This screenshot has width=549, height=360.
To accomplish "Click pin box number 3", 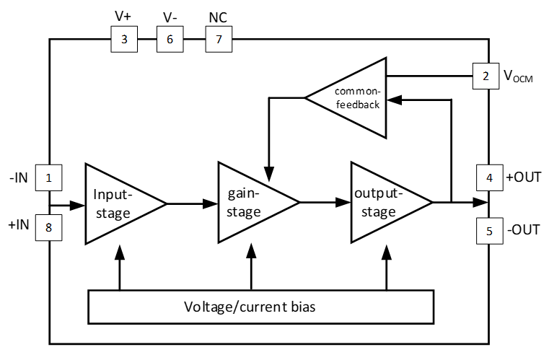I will tap(124, 40).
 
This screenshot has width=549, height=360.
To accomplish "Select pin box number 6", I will tap(170, 40).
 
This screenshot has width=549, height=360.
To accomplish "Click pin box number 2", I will tap(486, 75).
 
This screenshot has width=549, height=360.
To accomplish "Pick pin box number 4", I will tap(488, 177).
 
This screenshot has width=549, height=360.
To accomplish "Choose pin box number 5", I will tap(488, 232).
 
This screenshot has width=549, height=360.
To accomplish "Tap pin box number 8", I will tap(49, 229).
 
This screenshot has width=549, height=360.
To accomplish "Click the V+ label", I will tap(124, 14).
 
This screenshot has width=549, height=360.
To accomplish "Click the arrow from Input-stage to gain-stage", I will tap(192, 203).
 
